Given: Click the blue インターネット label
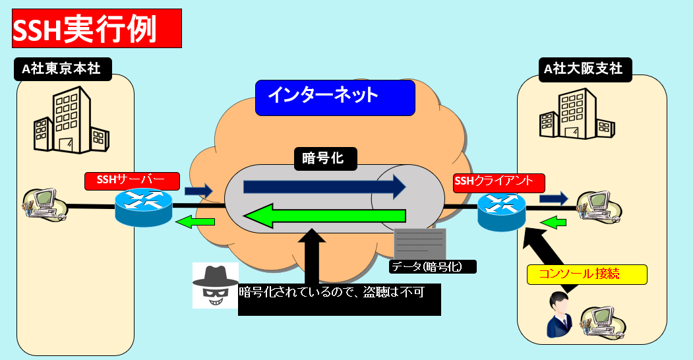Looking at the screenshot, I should [x=335, y=97].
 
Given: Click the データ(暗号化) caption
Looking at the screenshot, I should [x=433, y=266].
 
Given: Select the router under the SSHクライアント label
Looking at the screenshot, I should [x=502, y=210].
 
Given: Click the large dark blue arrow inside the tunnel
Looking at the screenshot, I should [x=324, y=187].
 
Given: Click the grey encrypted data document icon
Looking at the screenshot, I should [x=419, y=244].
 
